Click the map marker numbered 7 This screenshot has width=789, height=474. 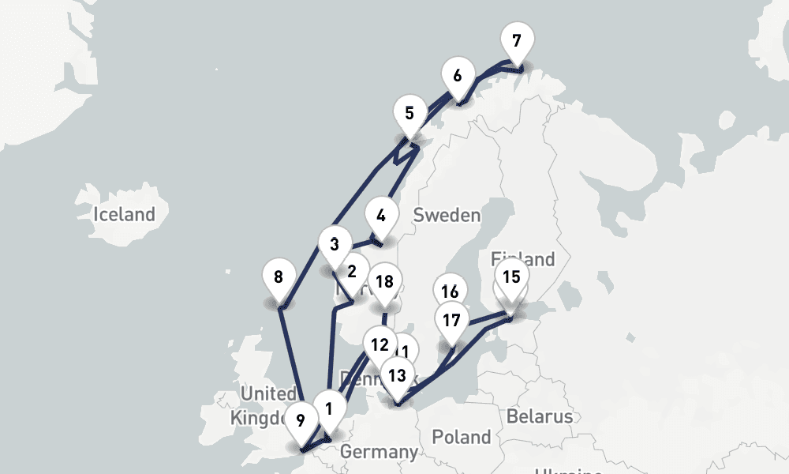coord(517,40)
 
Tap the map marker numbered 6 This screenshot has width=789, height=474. coord(458,77)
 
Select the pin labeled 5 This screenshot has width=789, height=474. coord(409,113)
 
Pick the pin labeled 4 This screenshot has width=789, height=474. coord(381,215)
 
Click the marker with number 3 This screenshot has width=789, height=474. coord(335,243)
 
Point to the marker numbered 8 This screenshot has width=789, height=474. coord(278,277)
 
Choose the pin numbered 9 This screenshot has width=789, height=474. coord(300,419)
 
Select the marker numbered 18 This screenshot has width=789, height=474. coord(385,281)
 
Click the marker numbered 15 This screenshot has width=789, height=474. coord(511,276)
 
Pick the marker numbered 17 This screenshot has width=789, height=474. coord(451,321)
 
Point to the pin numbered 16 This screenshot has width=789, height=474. coord(451,291)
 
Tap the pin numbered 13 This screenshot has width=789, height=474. coord(397,374)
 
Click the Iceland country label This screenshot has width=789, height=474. coord(124,214)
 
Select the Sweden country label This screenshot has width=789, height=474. coord(447,215)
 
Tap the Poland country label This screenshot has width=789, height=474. coord(462,437)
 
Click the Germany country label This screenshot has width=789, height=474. coord(379,453)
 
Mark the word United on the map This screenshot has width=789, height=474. coord(268,393)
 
